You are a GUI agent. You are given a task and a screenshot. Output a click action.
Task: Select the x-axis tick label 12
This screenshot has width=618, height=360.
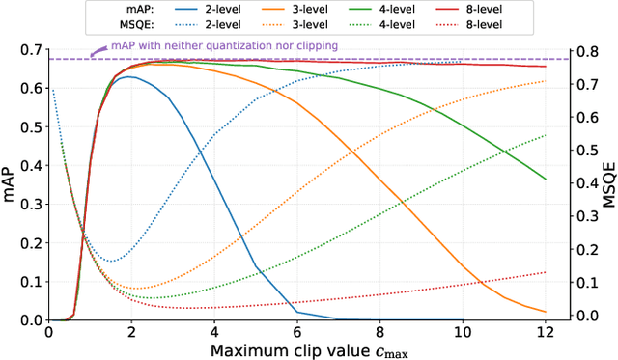tap(545, 331)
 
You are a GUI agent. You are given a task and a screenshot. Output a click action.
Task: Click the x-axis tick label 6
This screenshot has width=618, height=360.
tap(296, 331)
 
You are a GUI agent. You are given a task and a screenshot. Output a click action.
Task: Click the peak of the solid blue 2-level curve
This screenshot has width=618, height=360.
tap(130, 77)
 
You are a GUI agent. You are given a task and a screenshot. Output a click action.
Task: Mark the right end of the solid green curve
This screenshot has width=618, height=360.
tap(545, 179)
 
